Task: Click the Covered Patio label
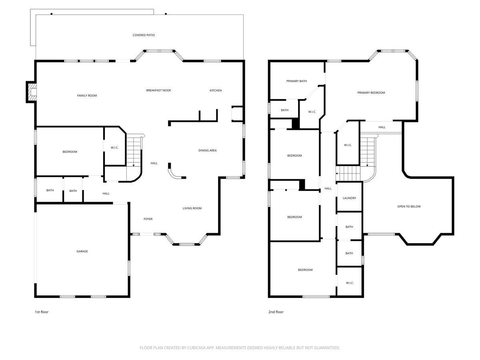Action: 144,35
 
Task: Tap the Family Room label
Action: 87,96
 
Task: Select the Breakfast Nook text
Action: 158,90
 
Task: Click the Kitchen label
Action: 216,90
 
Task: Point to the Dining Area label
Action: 208,150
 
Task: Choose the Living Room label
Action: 192,208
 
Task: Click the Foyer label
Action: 148,219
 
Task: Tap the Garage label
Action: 82,251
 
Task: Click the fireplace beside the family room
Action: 31,92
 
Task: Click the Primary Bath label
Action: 296,81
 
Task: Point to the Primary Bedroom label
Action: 371,93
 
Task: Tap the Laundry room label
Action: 349,198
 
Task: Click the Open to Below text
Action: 409,206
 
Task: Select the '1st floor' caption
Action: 42,312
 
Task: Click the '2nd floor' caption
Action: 276,312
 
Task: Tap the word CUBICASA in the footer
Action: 196,348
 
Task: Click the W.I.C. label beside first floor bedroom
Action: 114,148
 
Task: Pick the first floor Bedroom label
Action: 70,152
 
